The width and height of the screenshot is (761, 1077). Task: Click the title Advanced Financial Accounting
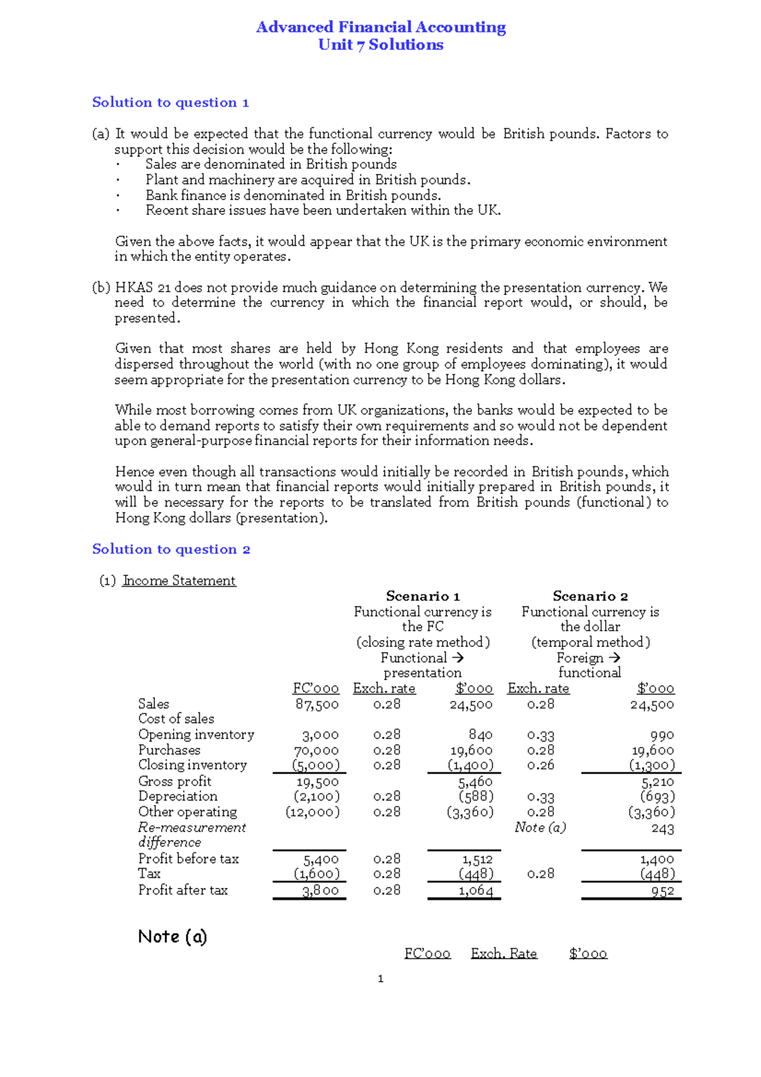click(380, 27)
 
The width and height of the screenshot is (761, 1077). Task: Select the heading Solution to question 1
click(170, 103)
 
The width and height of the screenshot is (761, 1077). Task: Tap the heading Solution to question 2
click(171, 549)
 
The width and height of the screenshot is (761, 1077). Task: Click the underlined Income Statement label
click(179, 580)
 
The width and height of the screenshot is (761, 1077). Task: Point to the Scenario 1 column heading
click(422, 596)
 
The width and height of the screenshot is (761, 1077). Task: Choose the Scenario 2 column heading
click(590, 596)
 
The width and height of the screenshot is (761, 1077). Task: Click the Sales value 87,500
click(317, 704)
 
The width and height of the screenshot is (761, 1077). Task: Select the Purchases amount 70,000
click(316, 750)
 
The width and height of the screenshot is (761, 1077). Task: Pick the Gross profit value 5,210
click(658, 782)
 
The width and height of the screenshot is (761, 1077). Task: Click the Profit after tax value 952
click(662, 891)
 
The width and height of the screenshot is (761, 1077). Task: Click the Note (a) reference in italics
click(540, 828)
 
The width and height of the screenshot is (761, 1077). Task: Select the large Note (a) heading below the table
click(172, 937)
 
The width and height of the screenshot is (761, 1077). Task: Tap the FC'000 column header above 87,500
click(316, 689)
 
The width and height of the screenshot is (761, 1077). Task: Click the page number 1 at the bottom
click(380, 979)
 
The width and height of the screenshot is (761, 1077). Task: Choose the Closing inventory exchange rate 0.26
click(540, 765)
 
